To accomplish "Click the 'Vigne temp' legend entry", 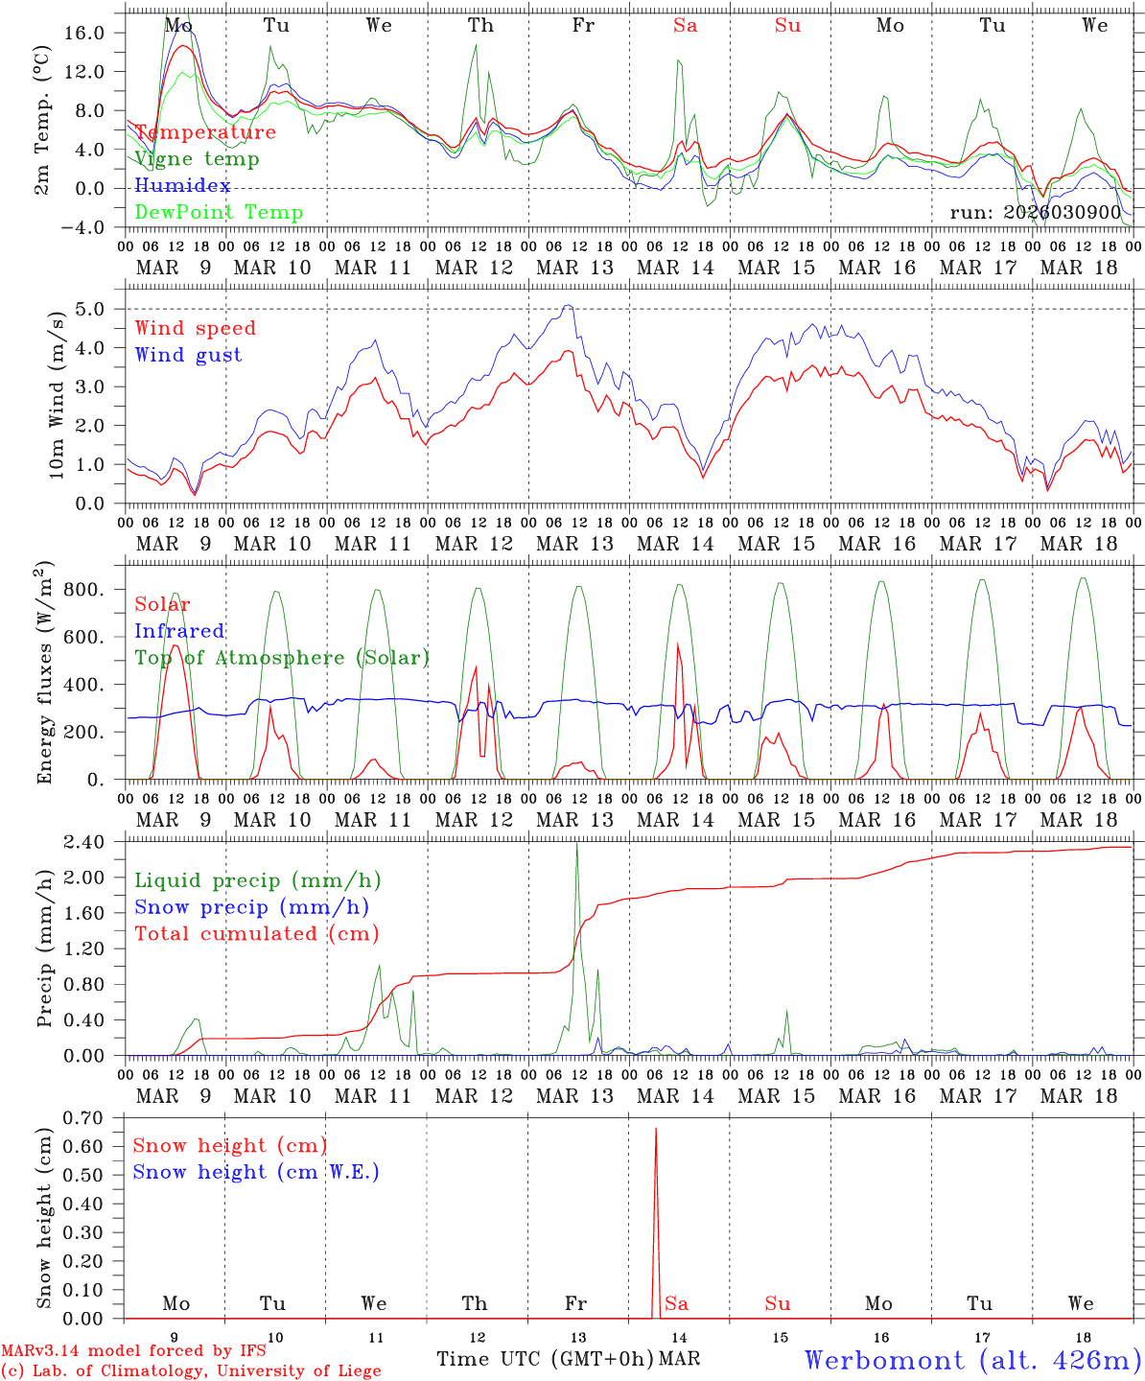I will (197, 159).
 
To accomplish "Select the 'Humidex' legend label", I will (182, 186).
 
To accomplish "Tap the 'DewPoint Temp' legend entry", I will (219, 213).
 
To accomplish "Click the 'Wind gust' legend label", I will (188, 355).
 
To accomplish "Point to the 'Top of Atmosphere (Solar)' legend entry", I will (281, 658).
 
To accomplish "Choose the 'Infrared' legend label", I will (179, 631).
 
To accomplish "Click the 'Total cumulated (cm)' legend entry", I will (256, 934).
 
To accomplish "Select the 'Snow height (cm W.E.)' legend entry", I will (256, 1172).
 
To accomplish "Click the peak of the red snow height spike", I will (656, 1129).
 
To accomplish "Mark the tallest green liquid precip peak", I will (576, 844).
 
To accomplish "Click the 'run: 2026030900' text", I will (1036, 213).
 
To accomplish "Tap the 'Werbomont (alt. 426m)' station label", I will (972, 1360).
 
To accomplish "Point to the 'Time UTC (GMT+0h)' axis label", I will (545, 1359).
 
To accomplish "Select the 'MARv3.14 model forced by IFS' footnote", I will (133, 1351).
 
